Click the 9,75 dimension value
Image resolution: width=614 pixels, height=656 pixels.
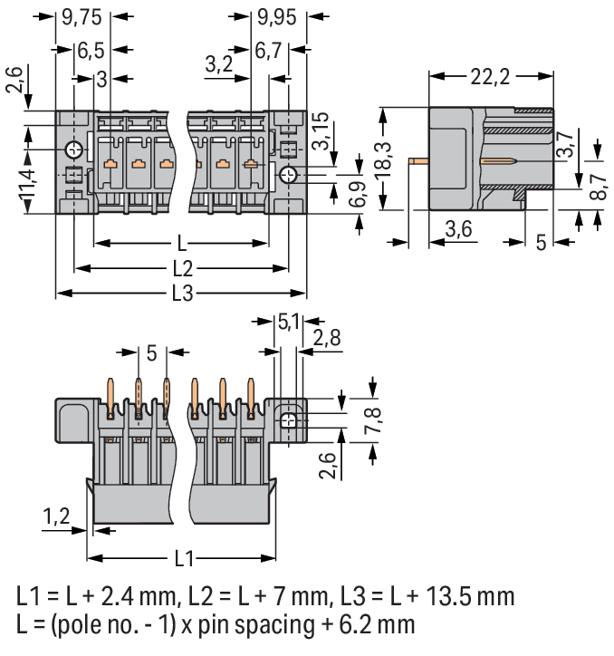tap(82, 17)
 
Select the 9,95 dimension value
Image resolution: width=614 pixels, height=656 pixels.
tap(277, 17)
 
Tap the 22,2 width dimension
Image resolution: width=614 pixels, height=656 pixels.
tap(490, 77)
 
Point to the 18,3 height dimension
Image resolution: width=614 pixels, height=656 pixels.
tap(383, 161)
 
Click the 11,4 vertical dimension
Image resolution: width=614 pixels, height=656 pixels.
tap(28, 184)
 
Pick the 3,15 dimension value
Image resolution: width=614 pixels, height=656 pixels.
tap(321, 130)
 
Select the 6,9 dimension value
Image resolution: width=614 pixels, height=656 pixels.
tap(357, 194)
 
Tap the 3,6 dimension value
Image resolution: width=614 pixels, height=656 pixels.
tap(458, 229)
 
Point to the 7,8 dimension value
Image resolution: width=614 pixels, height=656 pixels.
tap(372, 420)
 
